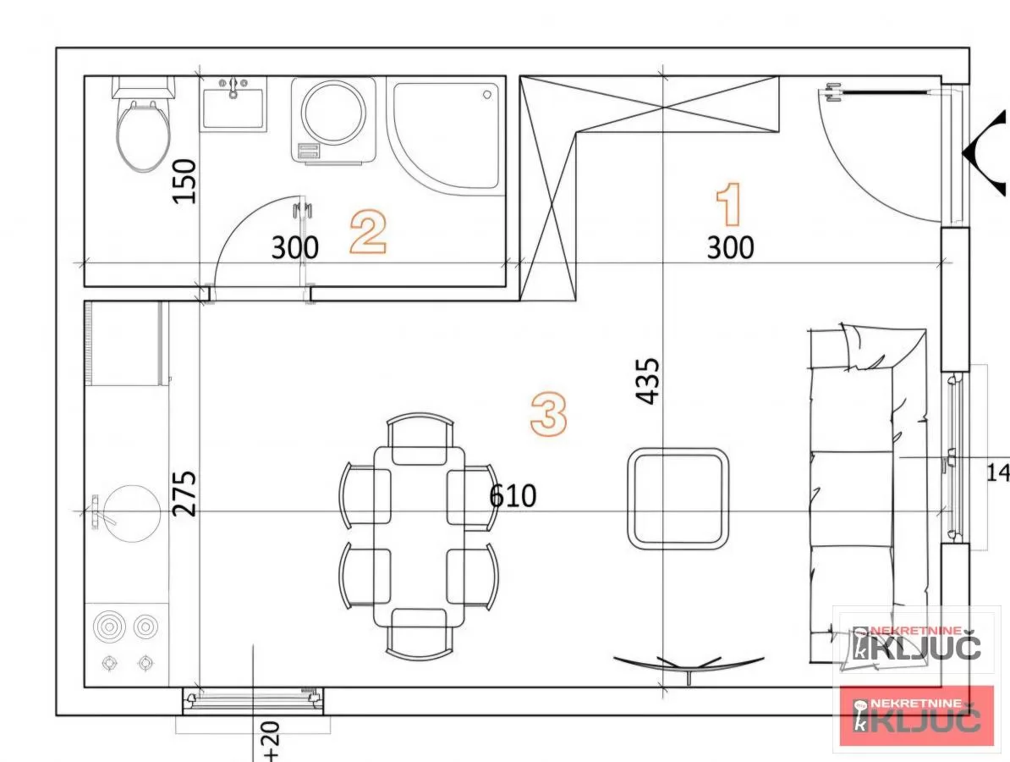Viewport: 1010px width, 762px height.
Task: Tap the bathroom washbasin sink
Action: (233, 105)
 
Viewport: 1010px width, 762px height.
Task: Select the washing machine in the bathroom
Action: (333, 119)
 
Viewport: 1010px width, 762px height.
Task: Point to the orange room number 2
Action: (369, 233)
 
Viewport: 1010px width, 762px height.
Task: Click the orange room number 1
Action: (729, 206)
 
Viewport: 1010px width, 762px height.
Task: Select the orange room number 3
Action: (548, 414)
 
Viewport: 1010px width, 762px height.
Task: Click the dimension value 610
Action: (513, 495)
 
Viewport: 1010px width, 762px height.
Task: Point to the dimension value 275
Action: (184, 493)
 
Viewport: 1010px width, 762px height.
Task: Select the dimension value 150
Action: (184, 180)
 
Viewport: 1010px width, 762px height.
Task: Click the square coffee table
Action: (678, 499)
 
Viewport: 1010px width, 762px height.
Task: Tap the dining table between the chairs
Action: (419, 535)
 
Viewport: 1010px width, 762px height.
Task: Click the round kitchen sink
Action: (127, 513)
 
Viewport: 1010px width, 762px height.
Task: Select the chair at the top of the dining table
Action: (420, 439)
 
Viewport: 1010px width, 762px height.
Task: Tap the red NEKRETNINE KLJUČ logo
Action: (917, 715)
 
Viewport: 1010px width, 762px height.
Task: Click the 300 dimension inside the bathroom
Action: (295, 247)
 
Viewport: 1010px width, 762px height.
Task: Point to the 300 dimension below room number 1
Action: (730, 247)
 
